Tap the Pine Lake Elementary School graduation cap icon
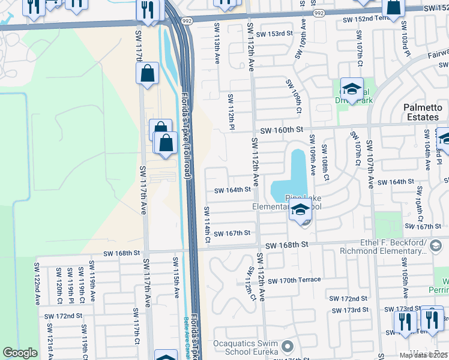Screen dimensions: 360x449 coord(300,209)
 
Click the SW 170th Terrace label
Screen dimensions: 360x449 coord(294,280)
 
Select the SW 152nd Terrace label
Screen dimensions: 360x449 coord(366,20)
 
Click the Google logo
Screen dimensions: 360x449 coord(20,353)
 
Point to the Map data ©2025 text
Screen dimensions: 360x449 coord(423,355)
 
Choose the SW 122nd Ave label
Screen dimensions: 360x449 coord(37,283)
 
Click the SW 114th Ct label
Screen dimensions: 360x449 coord(207,225)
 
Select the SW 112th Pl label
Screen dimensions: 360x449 coord(231,112)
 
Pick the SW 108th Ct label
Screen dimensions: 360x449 coord(325,162)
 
